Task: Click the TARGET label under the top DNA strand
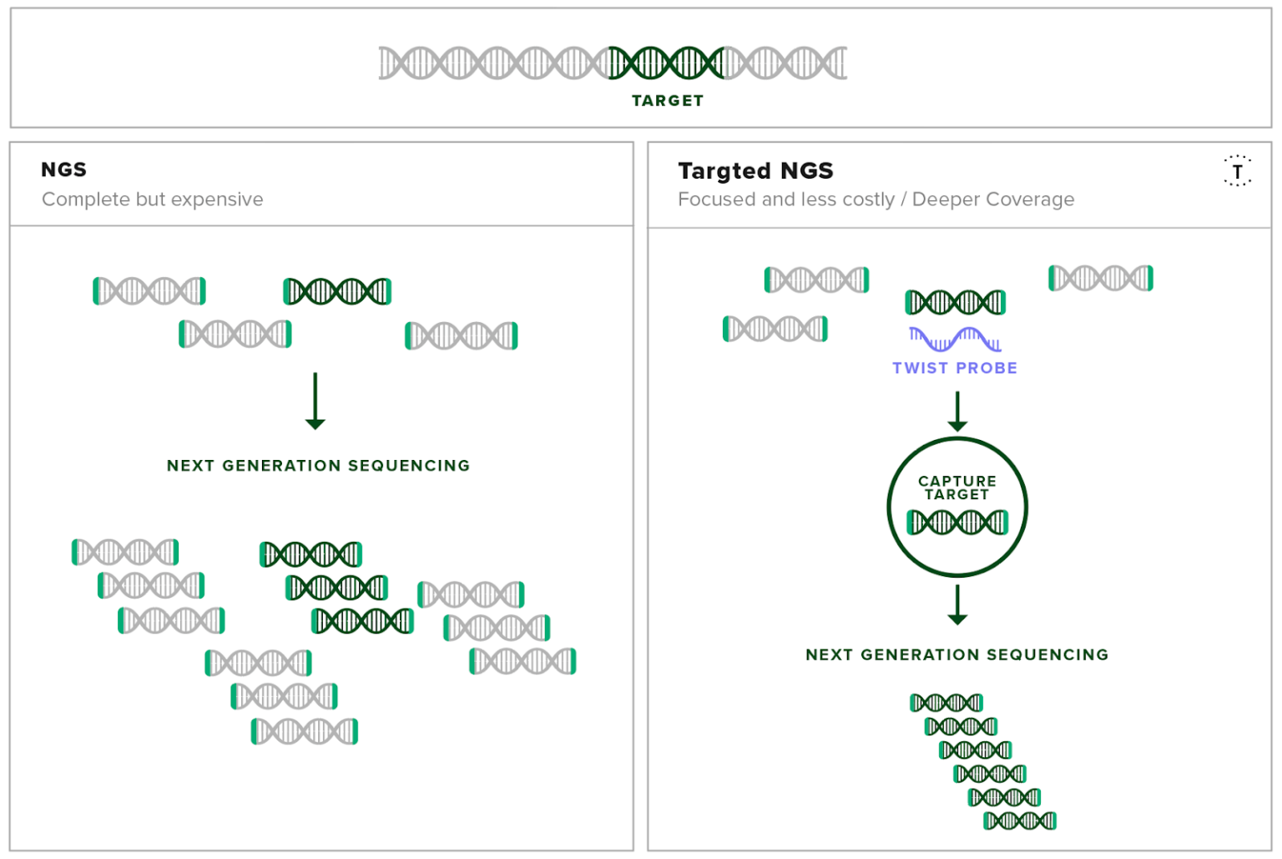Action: pos(668,101)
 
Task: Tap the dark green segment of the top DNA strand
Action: pos(666,63)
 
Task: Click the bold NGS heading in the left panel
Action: pos(63,169)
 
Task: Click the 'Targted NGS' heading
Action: pos(755,170)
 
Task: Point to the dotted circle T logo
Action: pos(1238,171)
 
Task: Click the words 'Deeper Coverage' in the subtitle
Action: pos(993,200)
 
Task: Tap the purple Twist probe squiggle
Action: pos(955,339)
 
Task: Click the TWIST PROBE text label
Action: pos(955,368)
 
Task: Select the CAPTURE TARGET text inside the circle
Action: pos(957,488)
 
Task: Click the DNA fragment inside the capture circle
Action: pos(957,523)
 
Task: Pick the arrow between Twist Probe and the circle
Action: pos(957,412)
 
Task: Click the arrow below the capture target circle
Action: pos(957,605)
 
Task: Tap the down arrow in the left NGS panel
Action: pos(315,402)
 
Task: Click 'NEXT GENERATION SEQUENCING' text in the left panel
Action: pos(318,466)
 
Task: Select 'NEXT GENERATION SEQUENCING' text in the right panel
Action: pos(957,654)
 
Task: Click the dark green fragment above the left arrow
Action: pos(338,291)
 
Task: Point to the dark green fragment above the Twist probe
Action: pos(955,302)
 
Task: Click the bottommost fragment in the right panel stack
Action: pos(1020,821)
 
